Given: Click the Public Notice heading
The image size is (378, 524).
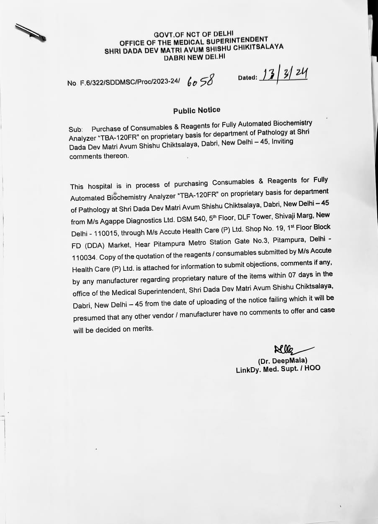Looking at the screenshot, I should (x=196, y=110).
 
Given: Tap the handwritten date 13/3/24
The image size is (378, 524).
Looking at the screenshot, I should (x=283, y=76).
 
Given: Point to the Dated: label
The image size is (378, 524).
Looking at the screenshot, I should (x=247, y=78).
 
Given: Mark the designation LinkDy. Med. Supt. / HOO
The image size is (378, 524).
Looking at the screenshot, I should (x=278, y=369).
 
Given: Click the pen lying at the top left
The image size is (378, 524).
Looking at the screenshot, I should (x=30, y=32).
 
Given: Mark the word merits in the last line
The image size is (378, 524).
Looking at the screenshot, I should (x=143, y=329).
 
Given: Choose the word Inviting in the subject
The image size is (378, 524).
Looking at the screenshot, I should (x=283, y=142).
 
